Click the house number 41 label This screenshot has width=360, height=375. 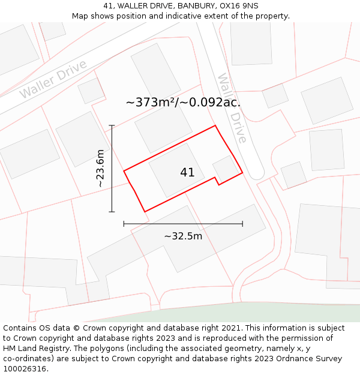click(x=187, y=173)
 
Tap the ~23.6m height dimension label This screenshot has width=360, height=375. click(x=100, y=169)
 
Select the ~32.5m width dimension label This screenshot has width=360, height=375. click(x=183, y=236)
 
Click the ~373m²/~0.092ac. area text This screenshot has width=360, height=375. click(x=183, y=102)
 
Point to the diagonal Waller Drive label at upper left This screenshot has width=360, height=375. click(x=53, y=79)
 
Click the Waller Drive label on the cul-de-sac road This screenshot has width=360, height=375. click(x=232, y=109)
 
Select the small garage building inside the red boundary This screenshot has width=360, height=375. click(x=224, y=169)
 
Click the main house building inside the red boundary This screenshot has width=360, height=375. click(x=176, y=170)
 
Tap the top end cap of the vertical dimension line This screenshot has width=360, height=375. click(x=112, y=125)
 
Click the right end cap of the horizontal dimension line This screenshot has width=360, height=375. click(x=242, y=224)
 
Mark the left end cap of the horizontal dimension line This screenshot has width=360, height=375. click(x=124, y=224)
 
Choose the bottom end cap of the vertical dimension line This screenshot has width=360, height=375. click(x=112, y=212)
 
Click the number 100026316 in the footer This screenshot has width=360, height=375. click(x=24, y=369)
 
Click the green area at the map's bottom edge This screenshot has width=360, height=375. click(x=270, y=312)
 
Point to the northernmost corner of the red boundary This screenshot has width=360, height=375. click(x=215, y=125)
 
